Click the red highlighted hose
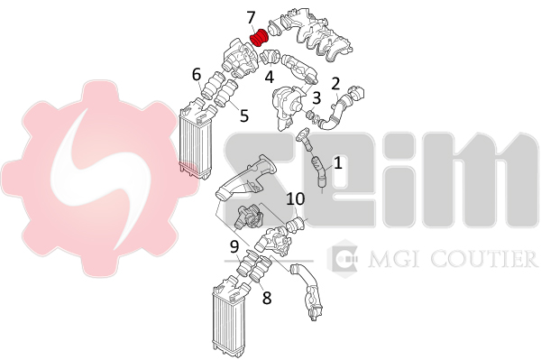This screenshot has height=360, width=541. [x=259, y=38]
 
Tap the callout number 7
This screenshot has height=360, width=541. [x=252, y=18]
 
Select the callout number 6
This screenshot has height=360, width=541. [x=197, y=74]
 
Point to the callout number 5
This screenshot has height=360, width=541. [x=244, y=115]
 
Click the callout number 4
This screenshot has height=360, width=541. [x=269, y=77]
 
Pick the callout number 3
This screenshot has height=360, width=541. [x=316, y=97]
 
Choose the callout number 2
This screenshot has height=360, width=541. [x=335, y=84]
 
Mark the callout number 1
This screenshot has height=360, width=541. [x=338, y=162]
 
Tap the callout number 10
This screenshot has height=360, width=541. [x=296, y=198]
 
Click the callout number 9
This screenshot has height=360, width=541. [x=234, y=247]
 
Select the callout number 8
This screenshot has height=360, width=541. [x=267, y=299]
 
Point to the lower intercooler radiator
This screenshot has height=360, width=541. [x=229, y=316]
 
